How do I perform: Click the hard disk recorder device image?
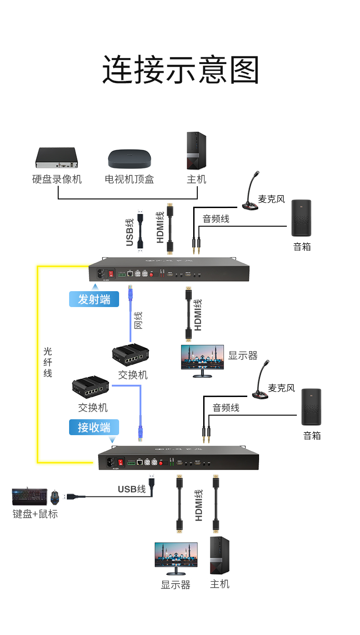(57, 158)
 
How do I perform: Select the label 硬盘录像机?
(57, 179)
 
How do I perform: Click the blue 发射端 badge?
(94, 299)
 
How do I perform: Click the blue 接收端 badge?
(94, 427)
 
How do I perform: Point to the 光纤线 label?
(48, 362)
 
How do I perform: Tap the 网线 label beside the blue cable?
(138, 320)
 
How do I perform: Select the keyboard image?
(30, 496)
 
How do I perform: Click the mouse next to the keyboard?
(55, 497)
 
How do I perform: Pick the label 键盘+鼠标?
(35, 514)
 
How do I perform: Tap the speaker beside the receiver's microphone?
(311, 407)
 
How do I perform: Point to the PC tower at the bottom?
(219, 555)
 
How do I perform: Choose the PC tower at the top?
(196, 151)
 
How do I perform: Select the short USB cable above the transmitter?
(141, 230)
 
